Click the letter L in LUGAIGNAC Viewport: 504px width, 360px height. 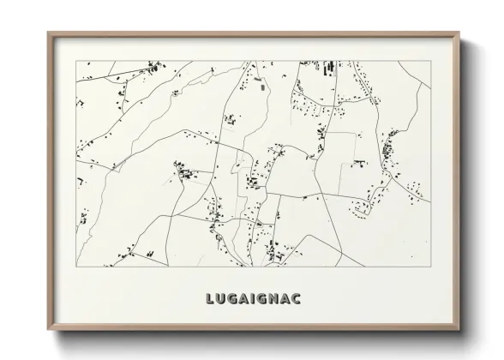point(211,299)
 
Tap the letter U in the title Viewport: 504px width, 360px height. point(223,299)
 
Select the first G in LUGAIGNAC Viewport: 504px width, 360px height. point(236,299)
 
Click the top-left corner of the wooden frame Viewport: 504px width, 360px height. point(48,33)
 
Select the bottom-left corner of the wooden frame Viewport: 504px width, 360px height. point(48,330)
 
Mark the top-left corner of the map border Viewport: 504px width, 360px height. point(77,62)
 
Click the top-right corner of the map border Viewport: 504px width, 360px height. point(432,62)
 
